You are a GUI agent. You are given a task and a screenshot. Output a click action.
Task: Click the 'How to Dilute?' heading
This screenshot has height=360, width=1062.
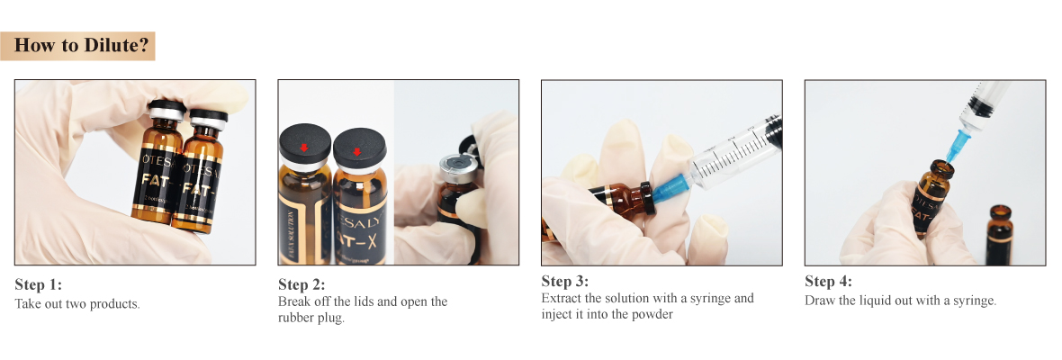[81, 45]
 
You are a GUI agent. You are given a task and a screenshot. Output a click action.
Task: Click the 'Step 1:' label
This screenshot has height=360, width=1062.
[39, 284]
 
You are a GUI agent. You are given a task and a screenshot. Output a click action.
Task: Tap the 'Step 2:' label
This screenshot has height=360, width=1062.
[301, 284]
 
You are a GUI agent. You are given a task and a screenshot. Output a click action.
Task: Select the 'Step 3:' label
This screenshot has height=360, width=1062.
[565, 281]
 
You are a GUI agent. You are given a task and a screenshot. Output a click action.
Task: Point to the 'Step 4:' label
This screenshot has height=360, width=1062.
[828, 281]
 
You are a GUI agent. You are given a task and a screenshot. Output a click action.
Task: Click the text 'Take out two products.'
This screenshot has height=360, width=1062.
[77, 303]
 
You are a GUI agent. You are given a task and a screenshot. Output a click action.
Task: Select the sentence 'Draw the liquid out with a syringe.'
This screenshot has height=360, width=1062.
[900, 301]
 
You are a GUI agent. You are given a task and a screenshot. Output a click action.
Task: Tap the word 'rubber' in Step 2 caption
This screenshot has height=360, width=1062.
[296, 318]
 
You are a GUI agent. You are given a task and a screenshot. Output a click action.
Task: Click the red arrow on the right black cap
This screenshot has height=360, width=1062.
[357, 150]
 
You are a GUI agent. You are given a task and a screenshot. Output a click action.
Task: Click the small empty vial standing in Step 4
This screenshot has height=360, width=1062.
[1000, 236]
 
